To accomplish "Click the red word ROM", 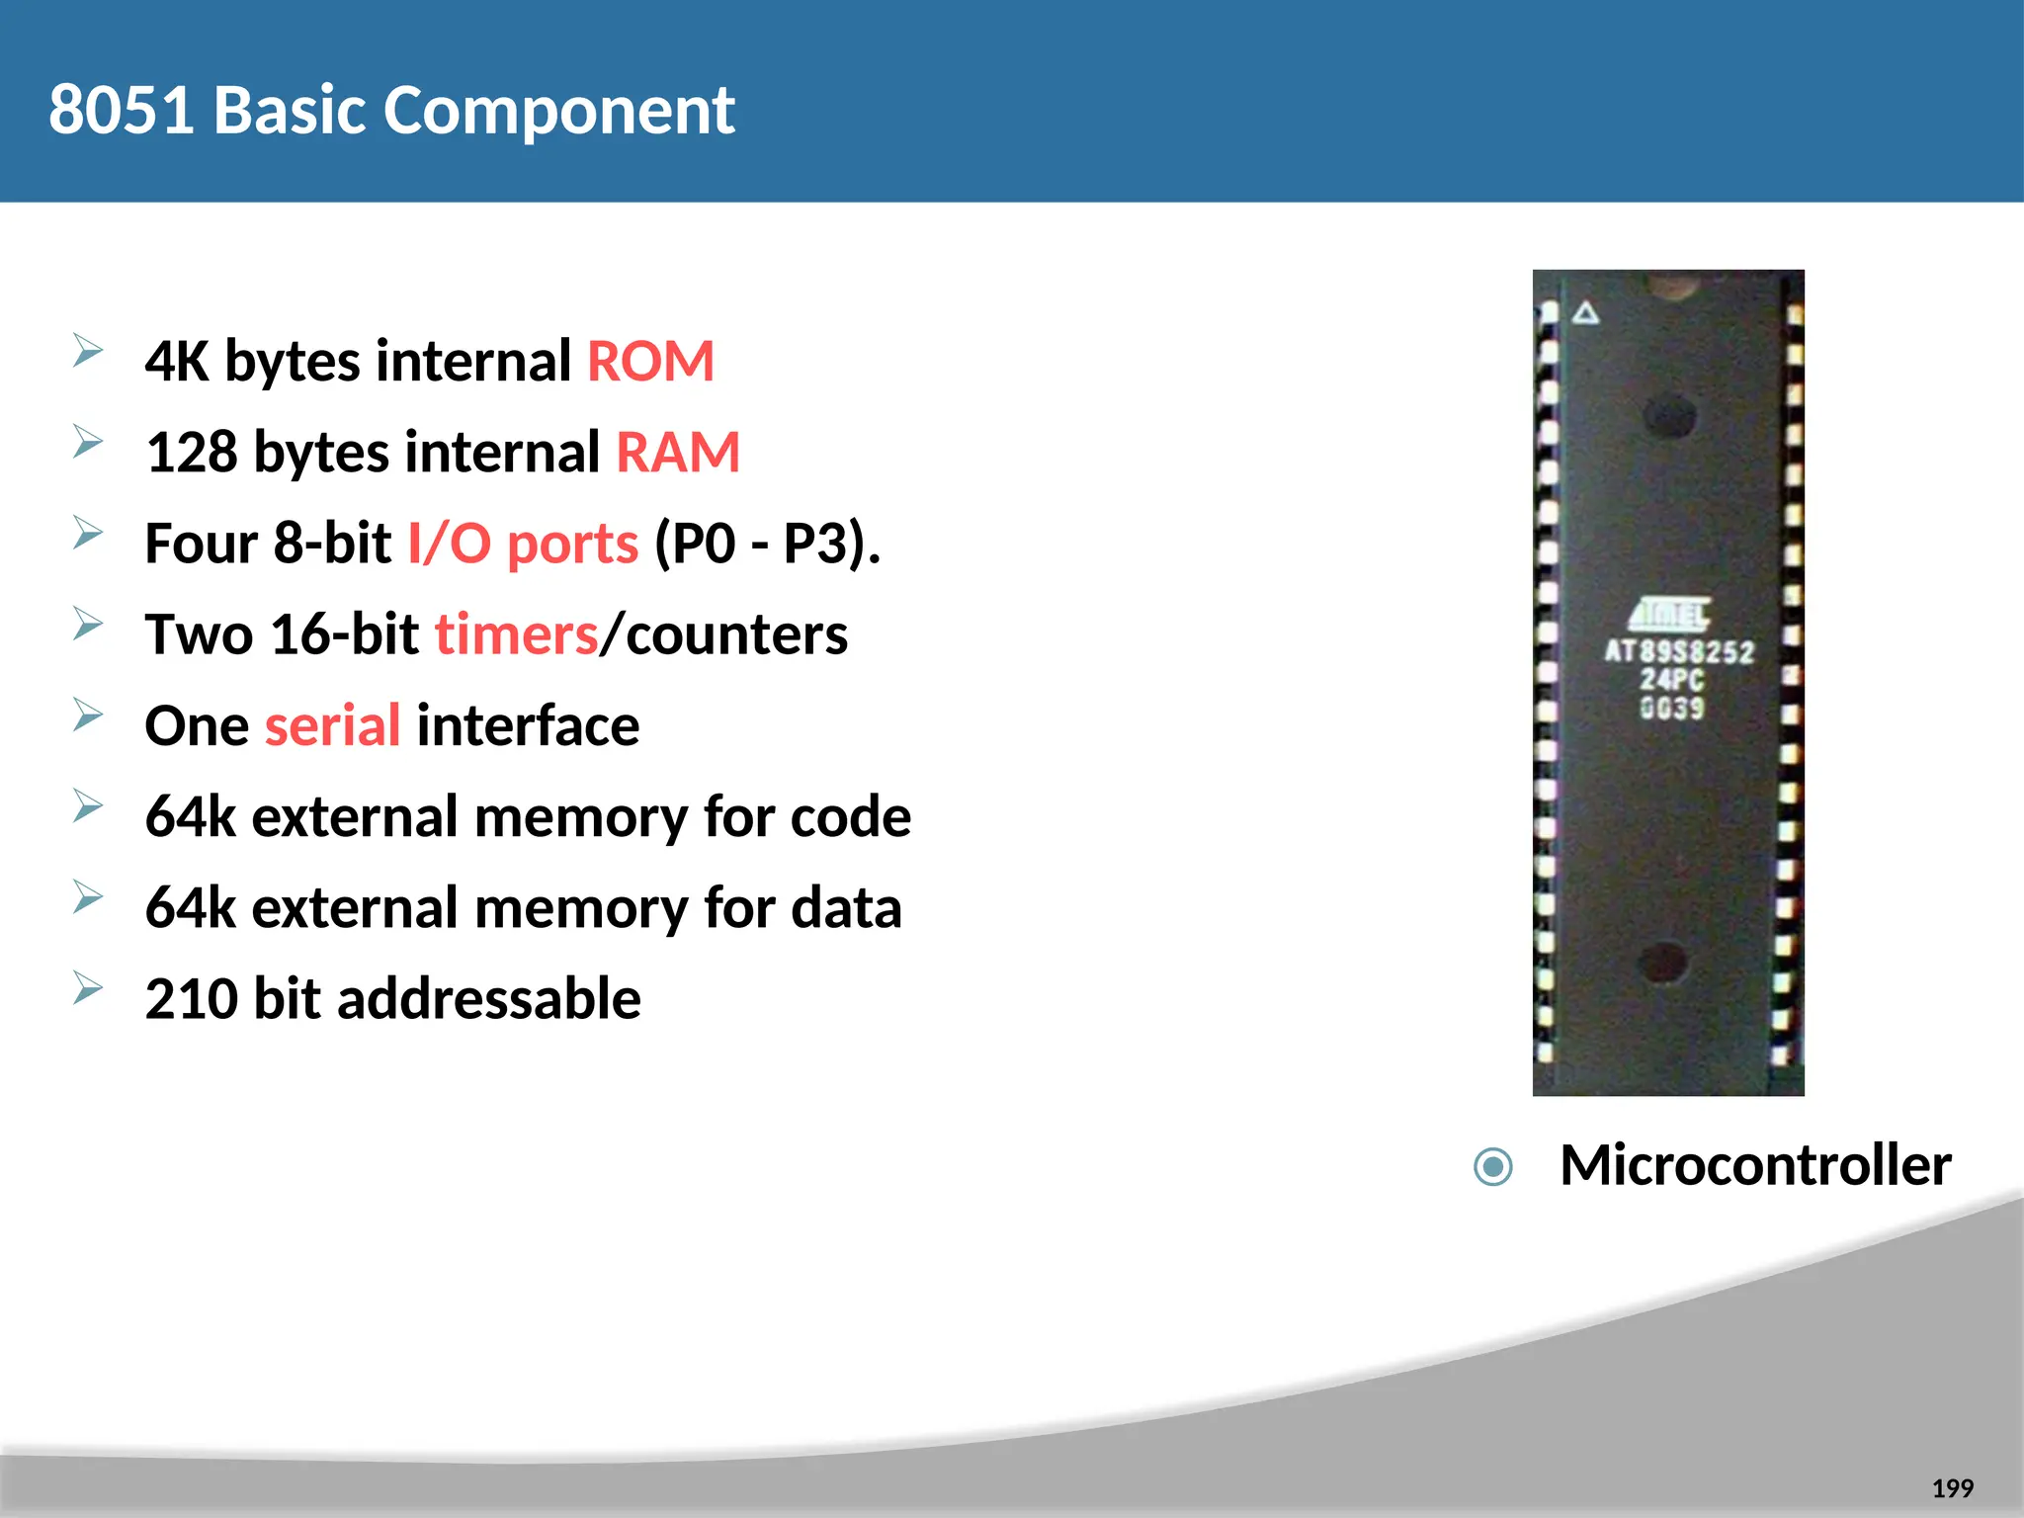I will tap(650, 362).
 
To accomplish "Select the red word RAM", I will tap(678, 453).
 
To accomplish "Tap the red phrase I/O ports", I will tap(524, 544).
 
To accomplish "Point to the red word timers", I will tap(517, 634).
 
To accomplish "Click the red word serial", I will tap(332, 726).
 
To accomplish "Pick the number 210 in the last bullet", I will tap(192, 999).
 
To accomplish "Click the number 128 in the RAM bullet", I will tap(192, 453).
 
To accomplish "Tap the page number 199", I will tap(1952, 1488).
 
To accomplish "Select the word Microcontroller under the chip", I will tap(1755, 1165).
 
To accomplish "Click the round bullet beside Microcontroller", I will tap(1492, 1166).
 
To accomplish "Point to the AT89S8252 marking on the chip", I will tap(1678, 652).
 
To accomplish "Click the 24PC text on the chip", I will tap(1672, 680).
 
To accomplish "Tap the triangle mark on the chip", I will tap(1586, 314).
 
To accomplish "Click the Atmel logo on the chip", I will tap(1670, 615).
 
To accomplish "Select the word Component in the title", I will tap(558, 110).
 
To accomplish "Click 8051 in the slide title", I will tap(121, 110).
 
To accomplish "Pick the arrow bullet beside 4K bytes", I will tap(88, 351).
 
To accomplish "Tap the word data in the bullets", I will tap(846, 908).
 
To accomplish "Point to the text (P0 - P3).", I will tap(767, 544).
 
